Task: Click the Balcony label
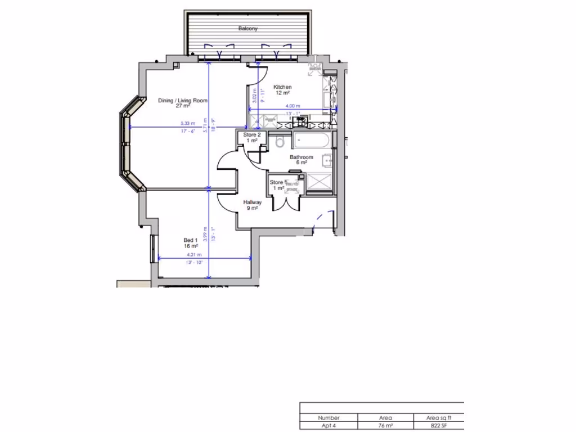pos(247,29)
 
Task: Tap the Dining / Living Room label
pos(183,101)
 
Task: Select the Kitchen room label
pos(282,87)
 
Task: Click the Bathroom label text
pos(301,157)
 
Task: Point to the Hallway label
pos(252,202)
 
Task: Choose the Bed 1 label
pos(191,241)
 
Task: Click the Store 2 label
pos(251,135)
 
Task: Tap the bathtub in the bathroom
pos(312,140)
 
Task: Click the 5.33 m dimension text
pos(188,124)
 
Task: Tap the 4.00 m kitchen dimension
pos(293,106)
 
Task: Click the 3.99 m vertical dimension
pos(206,234)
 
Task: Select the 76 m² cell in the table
pos(385,426)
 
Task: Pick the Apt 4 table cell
pos(328,426)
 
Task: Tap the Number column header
pos(328,418)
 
